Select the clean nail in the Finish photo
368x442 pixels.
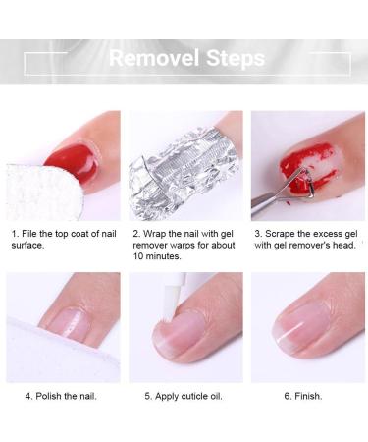click(304, 334)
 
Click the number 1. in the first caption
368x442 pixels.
click(15, 234)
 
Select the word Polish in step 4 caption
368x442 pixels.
click(53, 397)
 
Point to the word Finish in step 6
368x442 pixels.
click(306, 397)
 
